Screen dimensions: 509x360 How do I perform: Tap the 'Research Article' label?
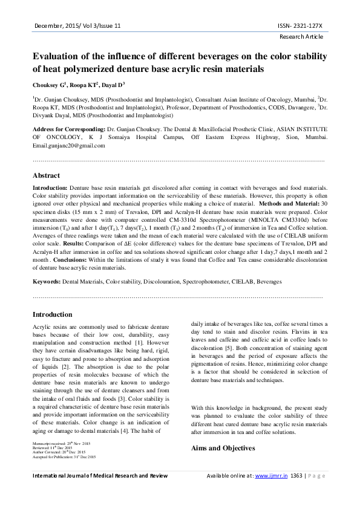(301, 37)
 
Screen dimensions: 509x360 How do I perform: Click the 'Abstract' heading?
(46, 175)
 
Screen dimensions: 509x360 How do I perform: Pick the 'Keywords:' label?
(46, 281)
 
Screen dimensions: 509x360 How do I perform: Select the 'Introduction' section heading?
(52, 314)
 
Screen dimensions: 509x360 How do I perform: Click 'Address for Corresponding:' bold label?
(68, 129)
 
